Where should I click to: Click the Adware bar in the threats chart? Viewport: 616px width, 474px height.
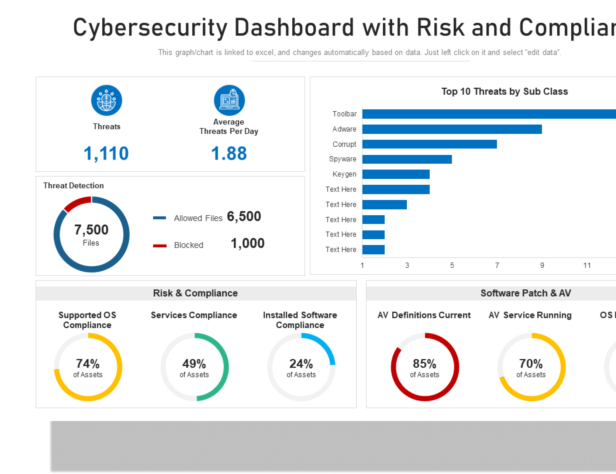[x=452, y=129]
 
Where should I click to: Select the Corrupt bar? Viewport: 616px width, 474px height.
[x=429, y=144]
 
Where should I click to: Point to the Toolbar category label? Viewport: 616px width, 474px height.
[x=344, y=114]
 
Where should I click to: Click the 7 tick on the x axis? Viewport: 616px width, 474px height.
[x=497, y=265]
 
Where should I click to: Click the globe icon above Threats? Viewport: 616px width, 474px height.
[x=106, y=100]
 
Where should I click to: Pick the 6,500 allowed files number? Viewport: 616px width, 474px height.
[x=244, y=216]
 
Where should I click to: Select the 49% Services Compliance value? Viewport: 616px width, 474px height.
[x=194, y=364]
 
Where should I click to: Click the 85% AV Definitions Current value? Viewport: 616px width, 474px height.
[x=425, y=364]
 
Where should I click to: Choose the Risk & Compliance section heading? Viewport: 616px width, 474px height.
[x=195, y=293]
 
